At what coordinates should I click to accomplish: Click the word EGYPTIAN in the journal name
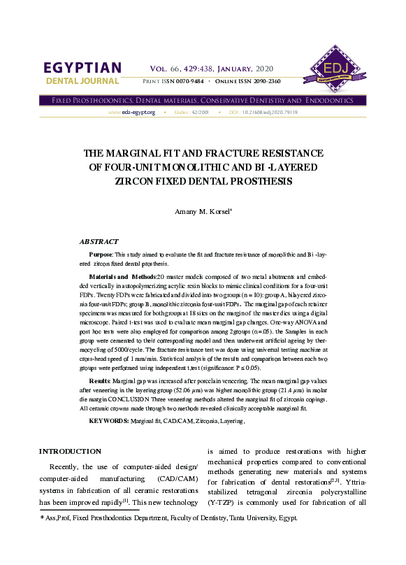[x=82, y=68]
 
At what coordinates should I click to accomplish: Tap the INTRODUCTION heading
[x=70, y=451]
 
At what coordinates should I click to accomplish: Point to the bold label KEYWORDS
[x=108, y=421]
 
